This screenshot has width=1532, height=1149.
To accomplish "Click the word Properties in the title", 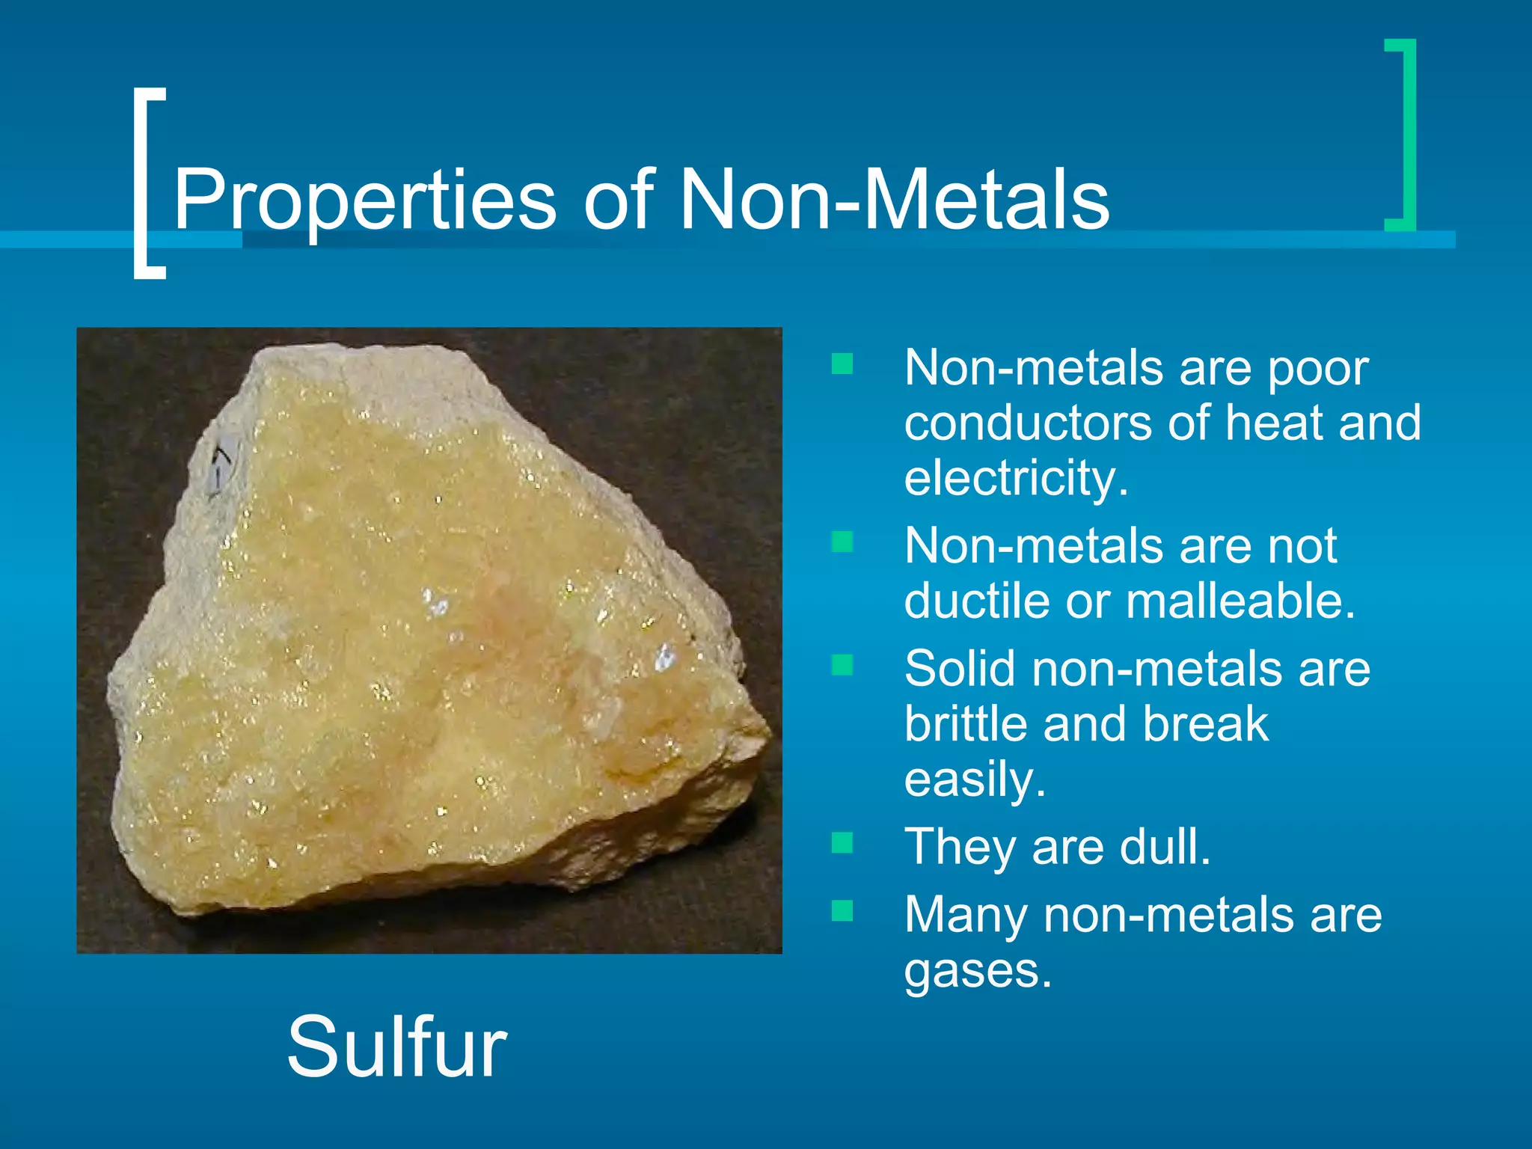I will click(x=365, y=200).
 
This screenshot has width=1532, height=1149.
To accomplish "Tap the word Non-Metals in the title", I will click(x=894, y=200).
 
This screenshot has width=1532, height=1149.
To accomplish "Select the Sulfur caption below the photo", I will click(x=396, y=1047).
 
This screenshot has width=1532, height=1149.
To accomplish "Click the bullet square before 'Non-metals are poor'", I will click(x=842, y=364).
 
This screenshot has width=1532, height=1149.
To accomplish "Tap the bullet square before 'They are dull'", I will click(x=842, y=843).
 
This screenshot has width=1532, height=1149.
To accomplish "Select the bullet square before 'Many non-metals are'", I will click(x=842, y=910).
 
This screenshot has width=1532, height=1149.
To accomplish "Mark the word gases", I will click(x=977, y=970).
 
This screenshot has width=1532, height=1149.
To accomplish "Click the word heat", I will click(x=1274, y=423).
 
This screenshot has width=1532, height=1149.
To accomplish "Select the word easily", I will click(x=974, y=779).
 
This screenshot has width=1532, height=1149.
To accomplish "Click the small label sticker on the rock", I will click(x=221, y=465).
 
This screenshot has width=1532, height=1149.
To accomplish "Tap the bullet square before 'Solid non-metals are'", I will click(x=842, y=664).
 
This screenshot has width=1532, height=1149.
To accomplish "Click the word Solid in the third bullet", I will click(x=960, y=667).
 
